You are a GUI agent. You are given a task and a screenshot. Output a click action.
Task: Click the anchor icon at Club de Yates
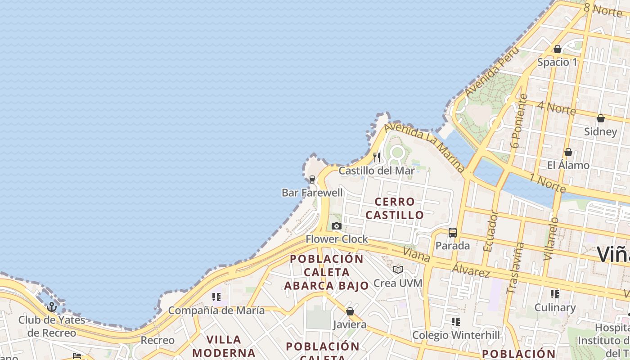point(52,307)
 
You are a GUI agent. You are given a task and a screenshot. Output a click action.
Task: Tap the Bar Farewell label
point(312,193)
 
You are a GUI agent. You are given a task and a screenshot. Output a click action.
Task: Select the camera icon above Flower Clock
point(336,226)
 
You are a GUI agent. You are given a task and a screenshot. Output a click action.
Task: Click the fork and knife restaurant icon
point(377,157)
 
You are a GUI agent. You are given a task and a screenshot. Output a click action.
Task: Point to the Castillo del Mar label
point(377,171)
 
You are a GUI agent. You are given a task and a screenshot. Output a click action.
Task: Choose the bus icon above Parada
point(452,233)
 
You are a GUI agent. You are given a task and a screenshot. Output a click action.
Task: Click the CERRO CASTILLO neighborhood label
point(395,208)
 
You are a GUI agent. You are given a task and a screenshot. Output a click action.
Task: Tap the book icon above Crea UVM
point(398,270)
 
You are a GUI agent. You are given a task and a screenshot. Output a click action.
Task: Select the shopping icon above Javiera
point(350,311)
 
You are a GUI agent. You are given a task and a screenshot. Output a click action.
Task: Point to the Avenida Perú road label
point(489,75)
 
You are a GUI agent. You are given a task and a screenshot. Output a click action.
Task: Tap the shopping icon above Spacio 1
point(558,49)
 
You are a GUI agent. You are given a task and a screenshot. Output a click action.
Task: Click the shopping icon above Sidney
point(600,119)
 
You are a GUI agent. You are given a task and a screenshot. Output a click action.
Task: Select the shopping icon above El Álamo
point(568,152)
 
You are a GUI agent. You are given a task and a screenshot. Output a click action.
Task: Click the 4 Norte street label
point(556,108)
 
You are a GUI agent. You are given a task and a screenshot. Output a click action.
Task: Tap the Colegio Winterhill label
point(456,335)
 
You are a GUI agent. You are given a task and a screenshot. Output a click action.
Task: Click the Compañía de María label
point(216,310)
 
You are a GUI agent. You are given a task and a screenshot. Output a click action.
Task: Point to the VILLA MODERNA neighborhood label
point(224,346)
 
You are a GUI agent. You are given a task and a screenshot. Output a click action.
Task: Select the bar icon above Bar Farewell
point(312,180)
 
